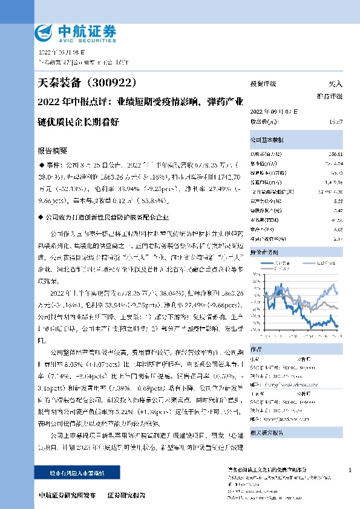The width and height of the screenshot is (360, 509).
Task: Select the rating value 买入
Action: [335, 83]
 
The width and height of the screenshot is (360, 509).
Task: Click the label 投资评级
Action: [263, 83]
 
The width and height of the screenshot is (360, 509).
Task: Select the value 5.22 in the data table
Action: [338, 200]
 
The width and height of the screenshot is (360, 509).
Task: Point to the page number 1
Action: [350, 470]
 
